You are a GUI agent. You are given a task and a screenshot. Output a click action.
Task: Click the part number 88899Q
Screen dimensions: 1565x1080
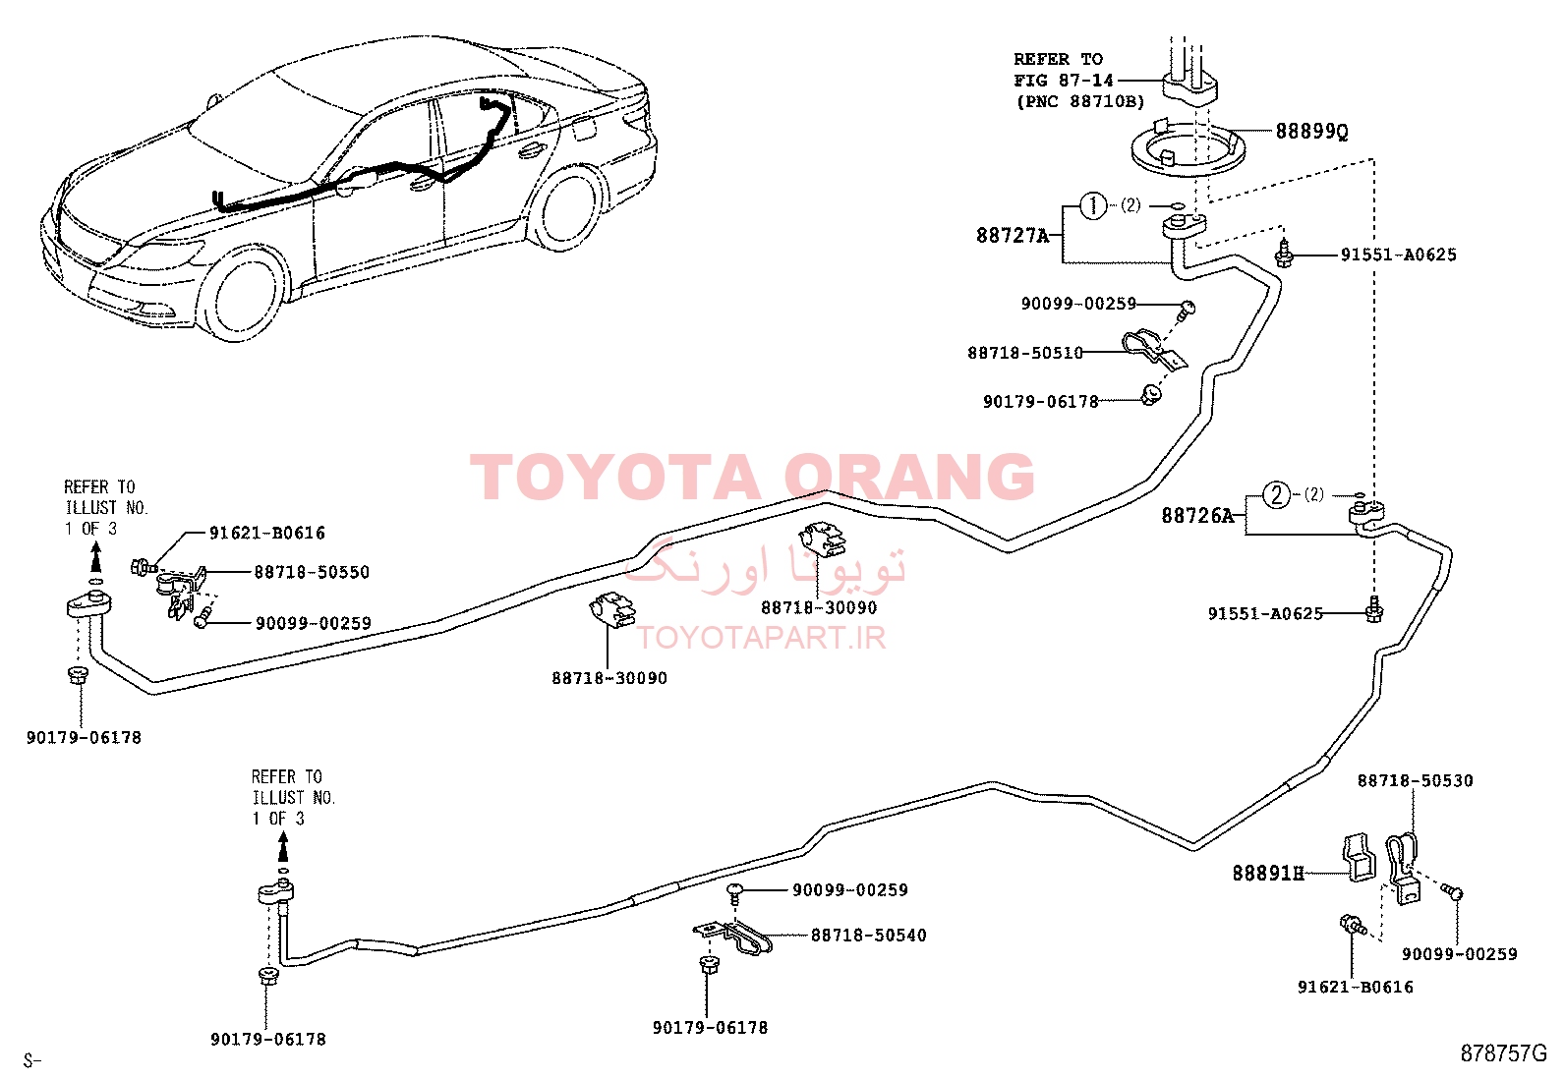[1311, 132]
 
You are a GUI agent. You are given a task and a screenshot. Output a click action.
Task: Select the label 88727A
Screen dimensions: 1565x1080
[1013, 236]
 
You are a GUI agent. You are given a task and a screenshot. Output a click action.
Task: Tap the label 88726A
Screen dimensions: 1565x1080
[1197, 516]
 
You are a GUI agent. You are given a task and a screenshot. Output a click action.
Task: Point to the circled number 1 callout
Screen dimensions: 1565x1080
[1093, 205]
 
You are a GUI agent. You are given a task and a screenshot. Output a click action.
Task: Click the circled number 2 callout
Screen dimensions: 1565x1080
[1277, 495]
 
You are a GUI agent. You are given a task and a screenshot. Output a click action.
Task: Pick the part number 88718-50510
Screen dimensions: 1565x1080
[1025, 353]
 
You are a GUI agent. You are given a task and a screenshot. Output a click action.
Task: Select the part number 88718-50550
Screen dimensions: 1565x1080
[312, 572]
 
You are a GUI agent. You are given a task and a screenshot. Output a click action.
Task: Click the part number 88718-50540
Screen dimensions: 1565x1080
[868, 936]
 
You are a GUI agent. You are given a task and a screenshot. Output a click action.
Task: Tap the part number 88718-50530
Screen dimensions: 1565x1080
[1415, 780]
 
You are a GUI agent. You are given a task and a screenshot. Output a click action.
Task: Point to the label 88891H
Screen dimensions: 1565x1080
[1268, 874]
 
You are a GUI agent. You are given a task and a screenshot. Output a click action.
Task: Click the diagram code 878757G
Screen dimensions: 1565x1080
[1503, 1053]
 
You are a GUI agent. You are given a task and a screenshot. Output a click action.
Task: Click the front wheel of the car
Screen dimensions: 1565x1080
[244, 295]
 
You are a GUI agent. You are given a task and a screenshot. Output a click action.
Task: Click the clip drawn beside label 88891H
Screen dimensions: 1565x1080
[1357, 857]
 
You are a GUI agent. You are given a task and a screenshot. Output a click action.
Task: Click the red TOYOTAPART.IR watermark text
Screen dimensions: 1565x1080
[761, 638]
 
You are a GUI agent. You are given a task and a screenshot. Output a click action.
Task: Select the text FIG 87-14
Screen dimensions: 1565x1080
[1064, 81]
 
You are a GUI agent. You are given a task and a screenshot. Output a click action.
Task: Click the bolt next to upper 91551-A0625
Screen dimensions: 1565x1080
[1284, 255]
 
